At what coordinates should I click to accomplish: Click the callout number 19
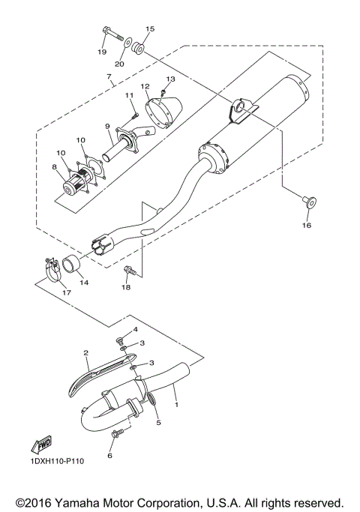click(x=102, y=52)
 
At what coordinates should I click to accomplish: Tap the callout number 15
click(x=149, y=29)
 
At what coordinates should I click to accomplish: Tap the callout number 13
click(x=170, y=79)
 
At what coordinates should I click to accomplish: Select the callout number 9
click(x=107, y=126)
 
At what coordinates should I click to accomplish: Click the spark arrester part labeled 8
click(x=76, y=182)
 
